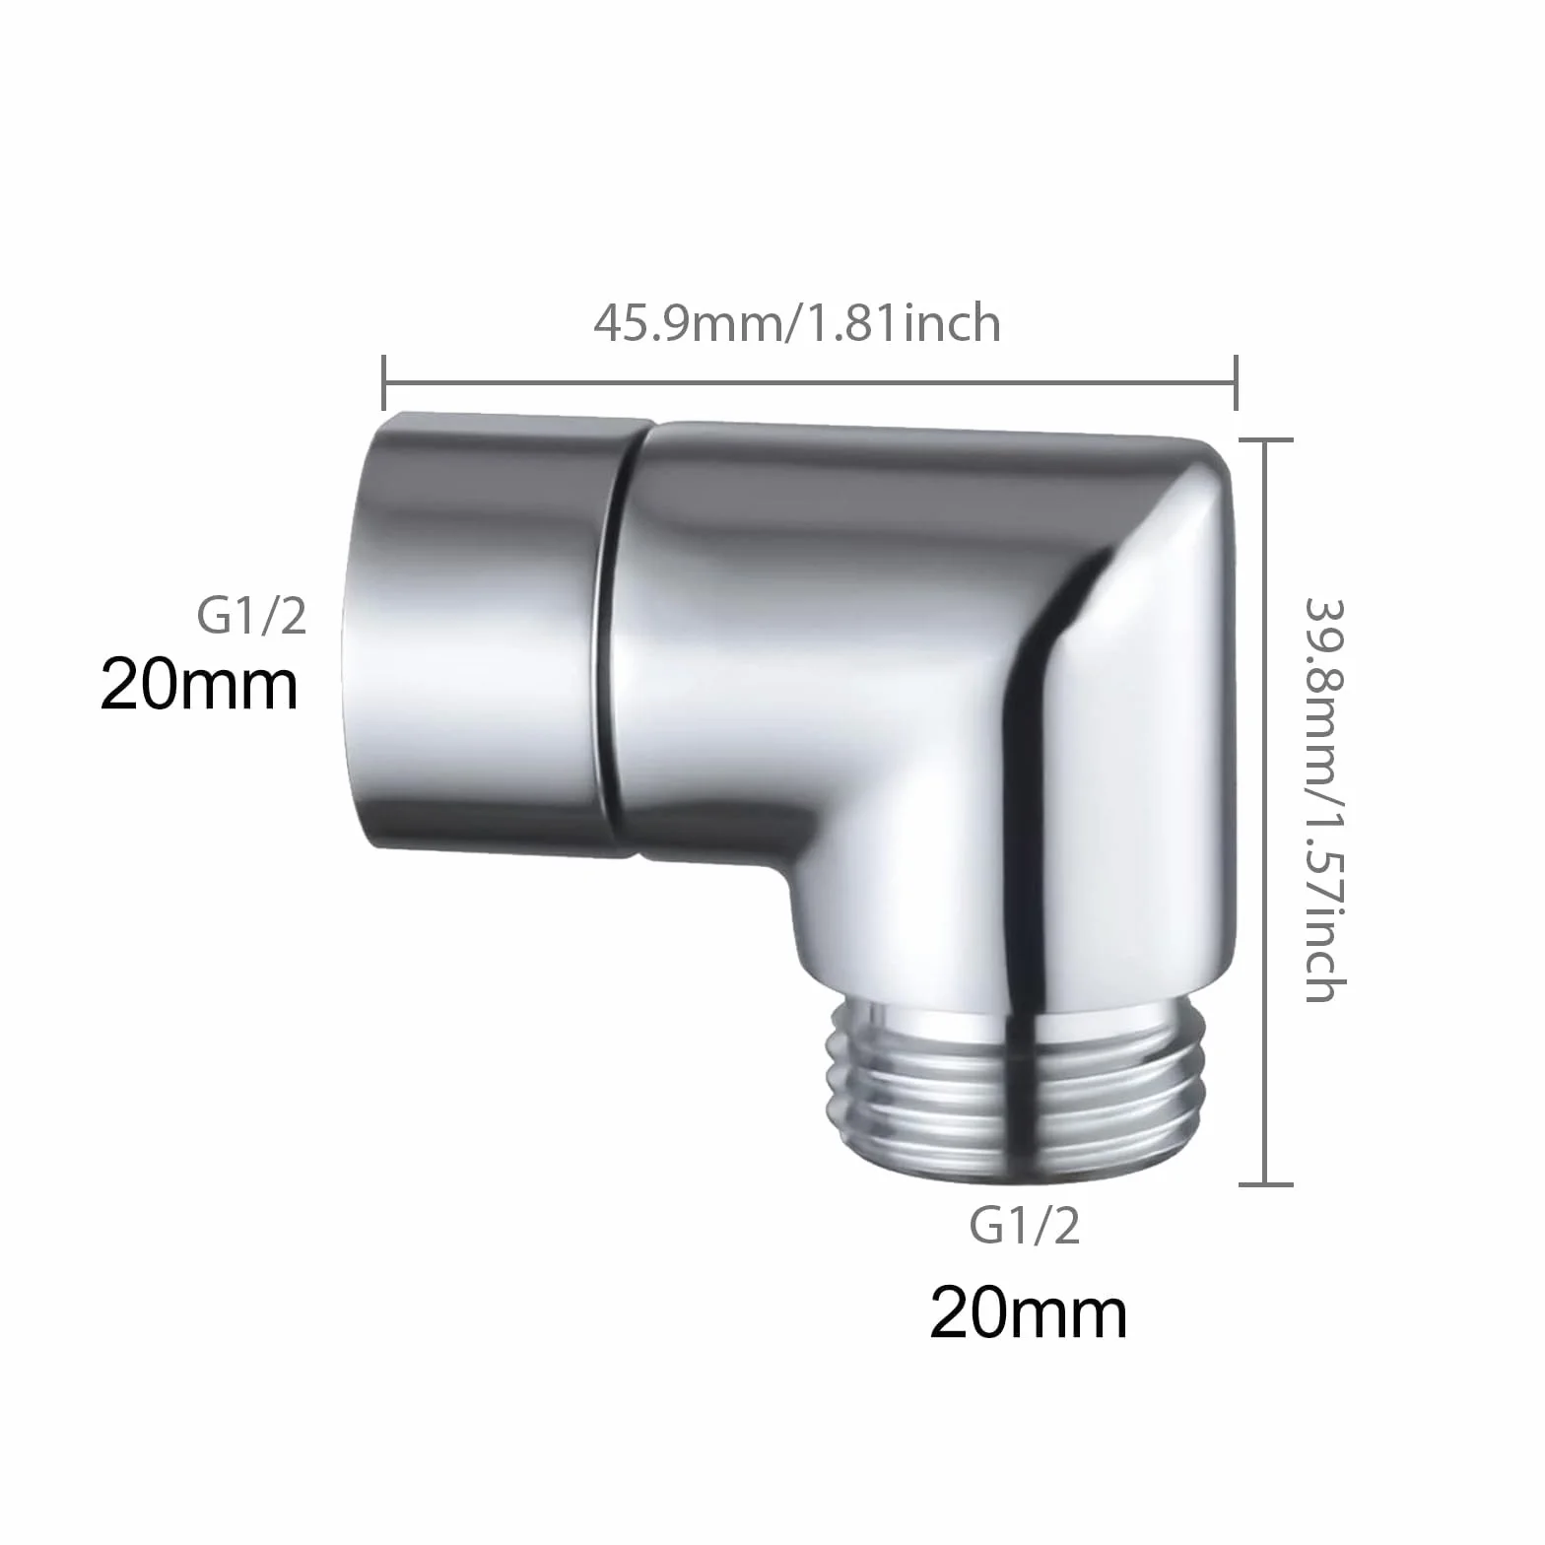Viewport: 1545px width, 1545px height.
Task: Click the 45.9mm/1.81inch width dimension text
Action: [x=796, y=323]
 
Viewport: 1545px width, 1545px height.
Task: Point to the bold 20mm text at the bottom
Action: [x=1029, y=1312]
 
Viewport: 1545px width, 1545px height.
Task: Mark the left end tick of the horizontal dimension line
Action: [x=384, y=381]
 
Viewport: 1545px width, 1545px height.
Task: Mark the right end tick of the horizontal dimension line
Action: [x=1236, y=381]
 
